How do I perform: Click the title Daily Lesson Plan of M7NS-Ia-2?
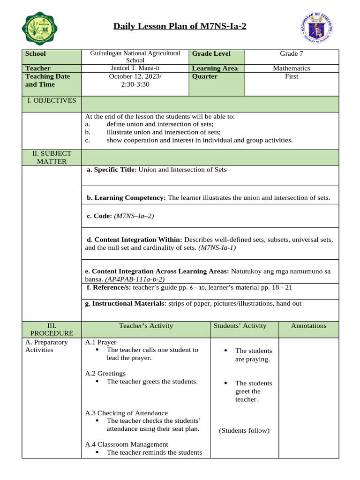coord(180,26)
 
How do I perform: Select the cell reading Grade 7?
coord(292,54)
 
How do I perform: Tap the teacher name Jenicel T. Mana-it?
coord(135,68)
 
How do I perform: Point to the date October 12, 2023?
coord(135,76)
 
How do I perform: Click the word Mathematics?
coord(292,68)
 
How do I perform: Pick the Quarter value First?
coord(292,76)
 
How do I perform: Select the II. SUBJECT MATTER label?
coord(52,157)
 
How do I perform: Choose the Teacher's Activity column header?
coord(146,326)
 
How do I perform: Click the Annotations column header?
coord(308,326)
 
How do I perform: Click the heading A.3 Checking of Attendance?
coord(127,413)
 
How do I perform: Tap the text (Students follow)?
coord(244,431)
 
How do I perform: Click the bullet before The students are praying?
coord(225,351)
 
